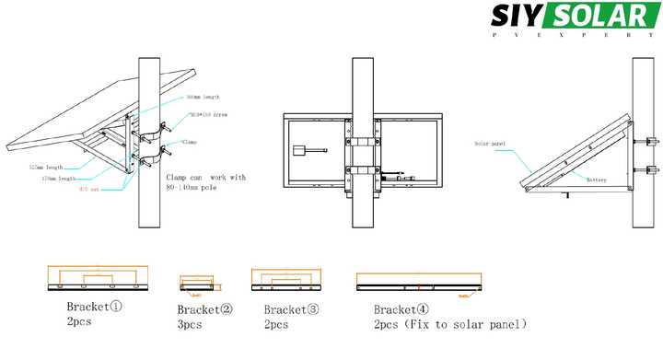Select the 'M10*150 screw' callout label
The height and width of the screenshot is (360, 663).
click(207, 115)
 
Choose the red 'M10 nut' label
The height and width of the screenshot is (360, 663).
click(89, 190)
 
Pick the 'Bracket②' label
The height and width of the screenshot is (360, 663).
click(204, 309)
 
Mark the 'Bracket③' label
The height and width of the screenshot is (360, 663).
click(291, 309)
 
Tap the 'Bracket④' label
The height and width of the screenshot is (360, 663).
click(401, 309)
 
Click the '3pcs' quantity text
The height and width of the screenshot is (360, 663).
click(190, 325)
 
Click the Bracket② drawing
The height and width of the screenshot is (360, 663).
click(197, 283)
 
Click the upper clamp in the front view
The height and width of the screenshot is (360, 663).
click(364, 140)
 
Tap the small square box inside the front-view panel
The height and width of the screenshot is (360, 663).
click(301, 150)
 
